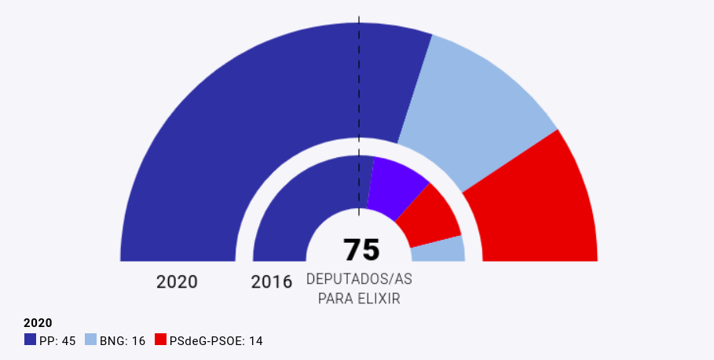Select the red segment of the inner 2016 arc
[x=428, y=216]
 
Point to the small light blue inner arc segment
[x=440, y=250]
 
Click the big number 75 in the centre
[x=361, y=250]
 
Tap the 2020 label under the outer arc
[x=177, y=281]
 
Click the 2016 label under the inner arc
[x=271, y=281]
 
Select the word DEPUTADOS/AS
[x=359, y=280]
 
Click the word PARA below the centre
[x=335, y=299]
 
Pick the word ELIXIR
[x=379, y=299]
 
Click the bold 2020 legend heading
[x=38, y=323]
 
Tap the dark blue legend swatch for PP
[x=31, y=340]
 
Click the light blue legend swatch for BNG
[x=90, y=340]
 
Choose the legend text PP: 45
[x=57, y=341]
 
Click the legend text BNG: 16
[x=123, y=341]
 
